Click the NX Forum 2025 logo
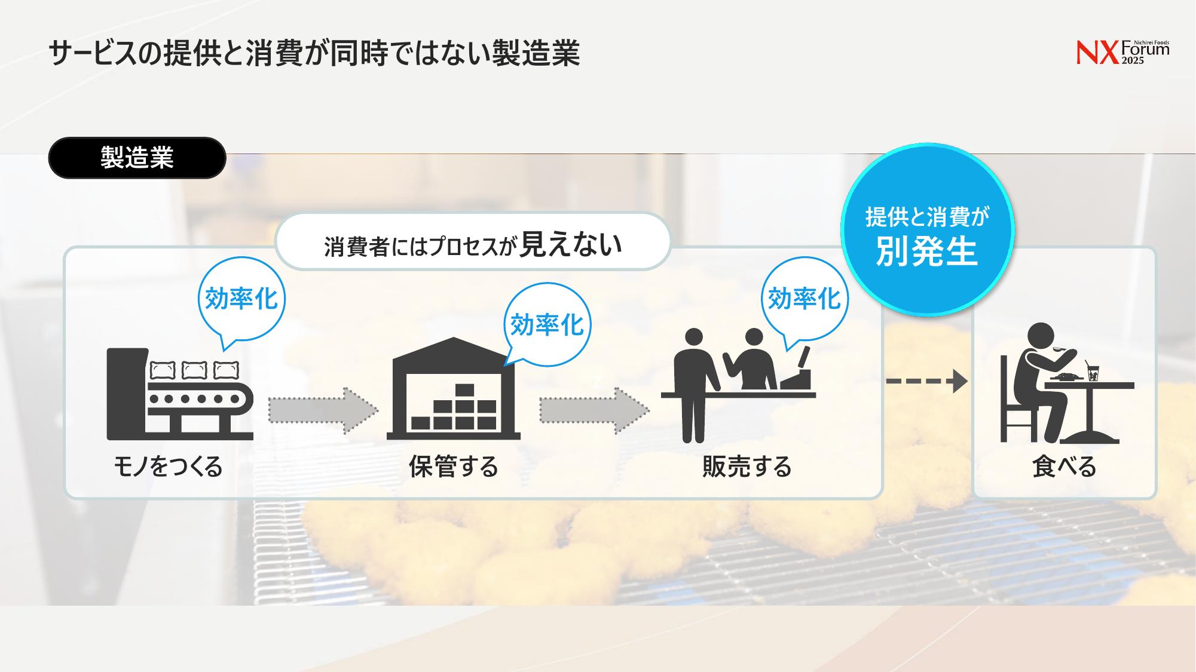[x=1122, y=53]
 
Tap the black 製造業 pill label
[x=137, y=158]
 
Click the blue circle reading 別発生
[x=927, y=230]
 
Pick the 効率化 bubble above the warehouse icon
[x=547, y=325]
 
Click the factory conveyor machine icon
[x=180, y=394]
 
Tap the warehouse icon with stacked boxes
[x=454, y=388]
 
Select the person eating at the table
[x=1040, y=382]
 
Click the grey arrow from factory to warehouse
[x=323, y=410]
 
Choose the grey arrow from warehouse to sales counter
[x=594, y=410]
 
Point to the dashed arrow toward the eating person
[x=926, y=381]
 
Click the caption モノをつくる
[x=168, y=467]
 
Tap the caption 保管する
[x=454, y=467]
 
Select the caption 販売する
[x=747, y=467]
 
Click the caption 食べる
[x=1064, y=467]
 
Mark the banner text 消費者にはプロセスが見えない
[x=473, y=245]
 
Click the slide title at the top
[x=314, y=53]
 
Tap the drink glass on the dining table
[x=1093, y=372]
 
